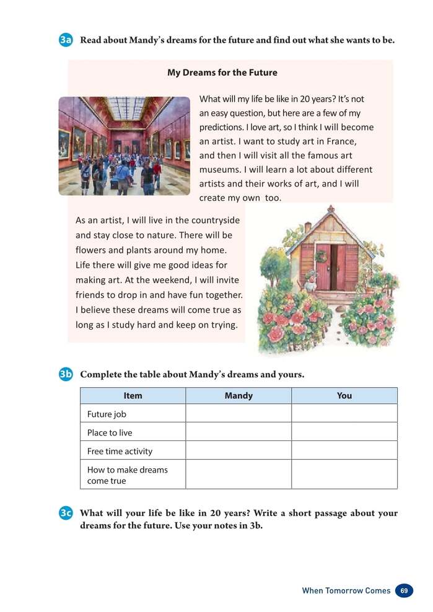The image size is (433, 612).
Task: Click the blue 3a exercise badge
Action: (x=66, y=40)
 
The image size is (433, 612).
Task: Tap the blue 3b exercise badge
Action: (x=66, y=374)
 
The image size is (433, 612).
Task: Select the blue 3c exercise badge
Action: (x=66, y=514)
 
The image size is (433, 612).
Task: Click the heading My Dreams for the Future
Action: (x=222, y=72)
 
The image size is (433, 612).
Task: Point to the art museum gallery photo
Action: (x=125, y=146)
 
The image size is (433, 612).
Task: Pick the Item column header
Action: (x=133, y=396)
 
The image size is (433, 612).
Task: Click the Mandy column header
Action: (x=238, y=396)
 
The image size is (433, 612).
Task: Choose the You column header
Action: (x=344, y=396)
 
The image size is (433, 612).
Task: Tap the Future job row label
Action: (x=107, y=414)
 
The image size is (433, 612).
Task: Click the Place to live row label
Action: (x=110, y=432)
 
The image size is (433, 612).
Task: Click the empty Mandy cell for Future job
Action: (x=238, y=414)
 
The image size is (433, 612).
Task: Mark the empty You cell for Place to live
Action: (x=344, y=432)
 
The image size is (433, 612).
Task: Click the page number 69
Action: (x=404, y=590)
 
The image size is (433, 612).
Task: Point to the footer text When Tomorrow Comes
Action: (x=346, y=590)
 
